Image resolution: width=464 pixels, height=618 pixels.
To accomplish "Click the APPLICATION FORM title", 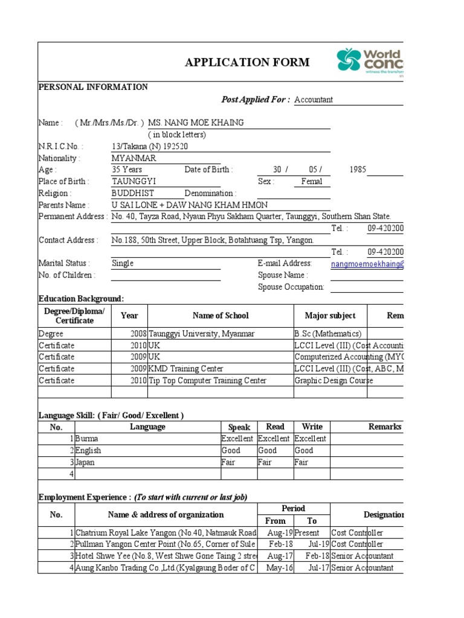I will (247, 62).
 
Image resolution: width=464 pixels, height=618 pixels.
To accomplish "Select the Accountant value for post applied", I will (313, 100).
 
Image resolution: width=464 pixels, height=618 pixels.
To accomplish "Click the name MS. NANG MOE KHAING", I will (196, 123).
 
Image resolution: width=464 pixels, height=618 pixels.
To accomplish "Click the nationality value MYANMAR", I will (134, 158).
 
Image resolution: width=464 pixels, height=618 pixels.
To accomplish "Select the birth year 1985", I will (358, 170).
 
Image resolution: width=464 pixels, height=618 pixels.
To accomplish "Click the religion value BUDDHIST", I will (133, 193).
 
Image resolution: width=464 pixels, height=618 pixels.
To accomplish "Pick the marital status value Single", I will (123, 264).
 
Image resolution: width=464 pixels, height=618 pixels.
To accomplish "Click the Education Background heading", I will (81, 299).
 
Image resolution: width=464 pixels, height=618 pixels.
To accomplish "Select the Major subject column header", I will (330, 316).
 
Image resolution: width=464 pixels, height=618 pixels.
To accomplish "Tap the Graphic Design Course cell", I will (333, 381).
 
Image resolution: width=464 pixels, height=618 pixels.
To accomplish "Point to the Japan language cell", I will (85, 462).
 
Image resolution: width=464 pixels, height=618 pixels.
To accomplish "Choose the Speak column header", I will (239, 427).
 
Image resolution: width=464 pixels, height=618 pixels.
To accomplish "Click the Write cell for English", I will (304, 450).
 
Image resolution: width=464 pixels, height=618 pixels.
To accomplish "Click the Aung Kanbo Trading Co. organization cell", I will (166, 568).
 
